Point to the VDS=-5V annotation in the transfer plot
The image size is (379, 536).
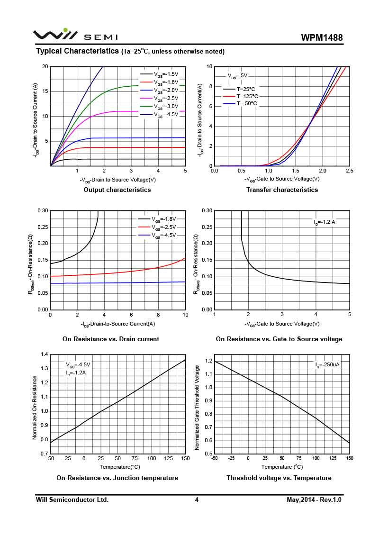click(x=237, y=75)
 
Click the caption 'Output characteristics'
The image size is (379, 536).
click(x=117, y=190)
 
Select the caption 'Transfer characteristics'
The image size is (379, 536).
click(x=282, y=190)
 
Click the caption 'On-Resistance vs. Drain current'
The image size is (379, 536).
click(x=110, y=339)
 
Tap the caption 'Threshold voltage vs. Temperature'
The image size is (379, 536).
click(x=279, y=478)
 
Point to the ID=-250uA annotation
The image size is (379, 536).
click(x=327, y=365)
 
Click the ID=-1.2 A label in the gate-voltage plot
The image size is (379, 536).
click(x=325, y=222)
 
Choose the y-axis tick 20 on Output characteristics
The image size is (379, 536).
click(x=45, y=67)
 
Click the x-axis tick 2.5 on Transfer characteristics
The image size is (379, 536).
click(x=350, y=171)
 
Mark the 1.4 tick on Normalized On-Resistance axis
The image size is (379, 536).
click(x=45, y=354)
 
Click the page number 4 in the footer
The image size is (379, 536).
click(x=197, y=500)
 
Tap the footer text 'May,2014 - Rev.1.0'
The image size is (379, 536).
click(x=314, y=500)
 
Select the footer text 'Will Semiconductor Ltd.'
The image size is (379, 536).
click(x=72, y=500)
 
